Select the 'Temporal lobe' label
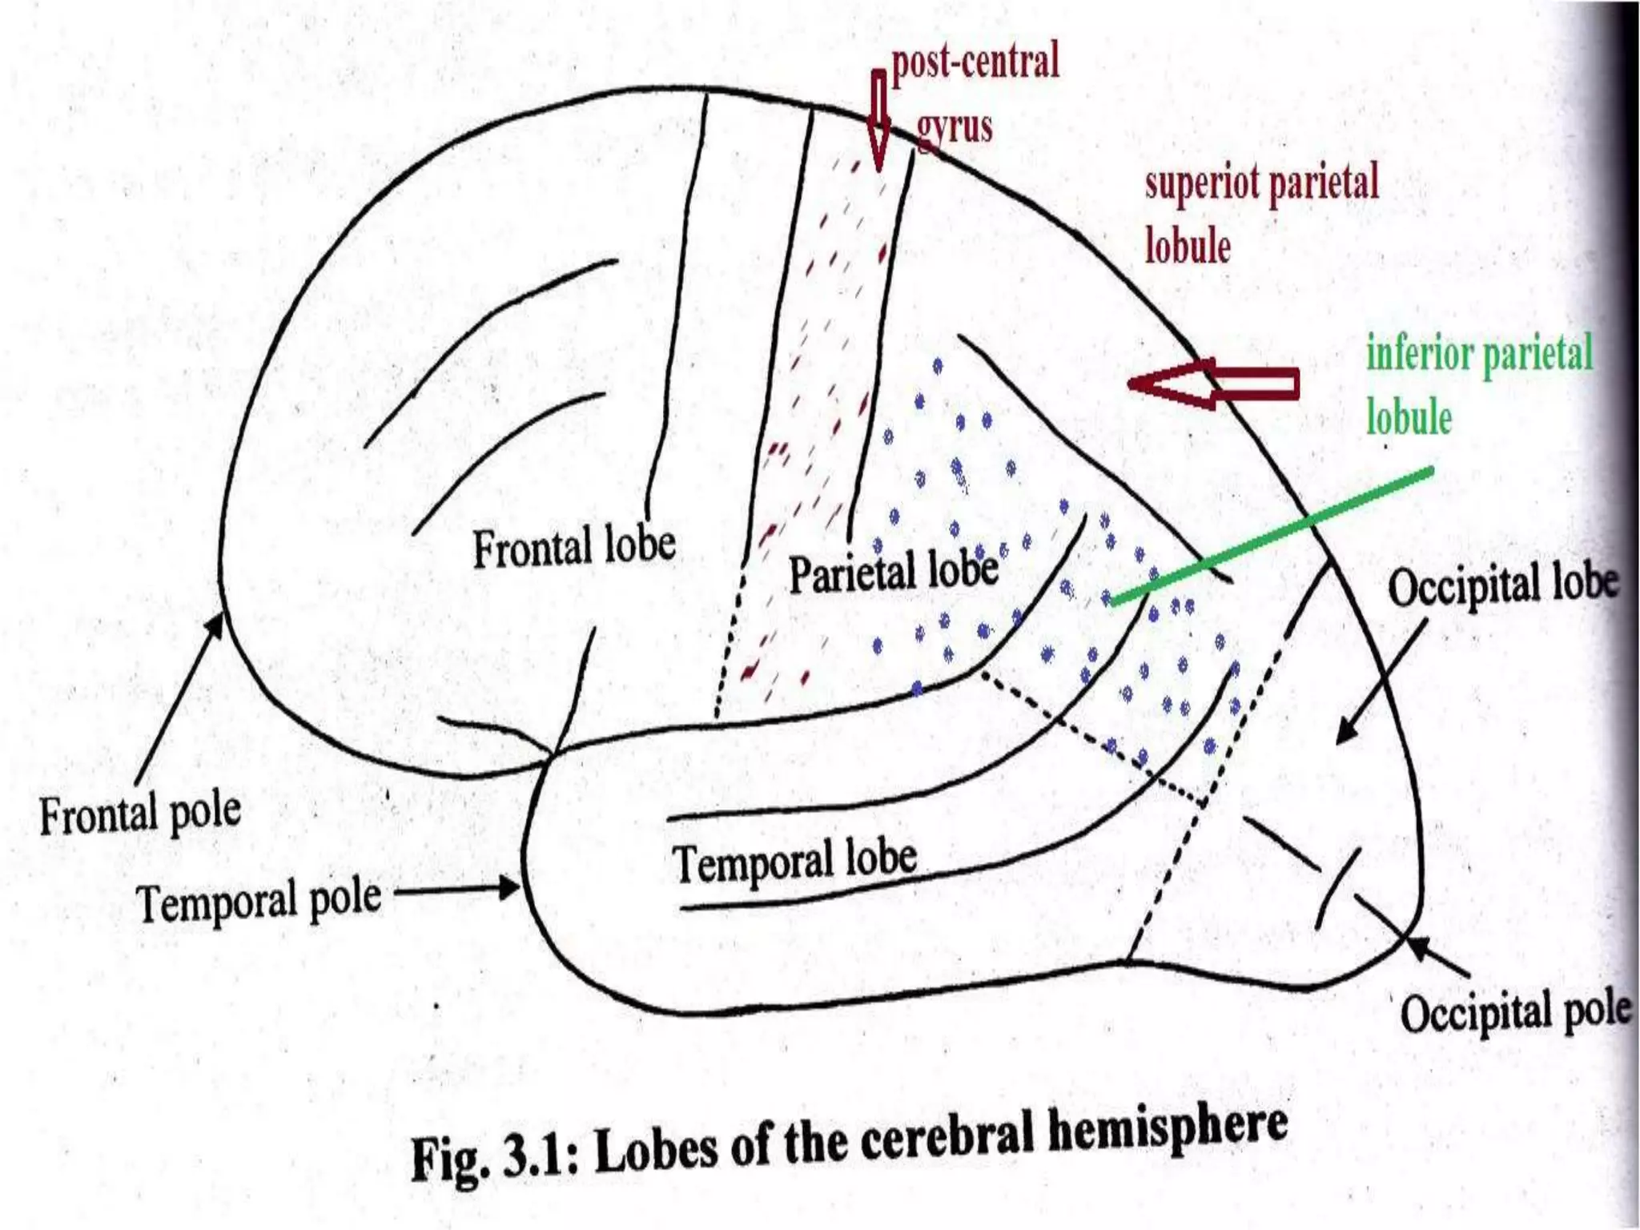794,862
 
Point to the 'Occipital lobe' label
1502,585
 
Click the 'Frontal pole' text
140,814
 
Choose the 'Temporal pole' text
258,901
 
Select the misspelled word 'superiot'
1202,183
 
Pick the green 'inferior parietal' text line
1479,354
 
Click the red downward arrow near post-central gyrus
878,120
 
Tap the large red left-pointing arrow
1213,384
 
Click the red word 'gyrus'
954,127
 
